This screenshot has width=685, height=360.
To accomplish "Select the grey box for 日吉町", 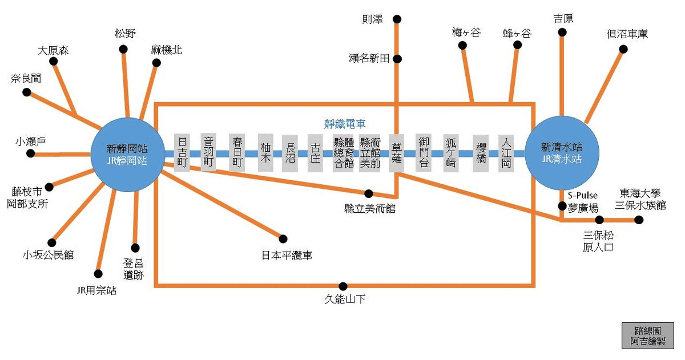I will (182, 152).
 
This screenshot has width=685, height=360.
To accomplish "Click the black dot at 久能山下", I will (342, 286).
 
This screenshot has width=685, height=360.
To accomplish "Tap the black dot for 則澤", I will (397, 19).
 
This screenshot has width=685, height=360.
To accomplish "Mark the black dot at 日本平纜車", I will (283, 238).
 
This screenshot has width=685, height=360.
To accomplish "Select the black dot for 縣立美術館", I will (369, 193).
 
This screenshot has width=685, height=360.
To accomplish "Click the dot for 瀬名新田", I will (397, 58).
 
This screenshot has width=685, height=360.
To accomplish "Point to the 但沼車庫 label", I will (627, 34).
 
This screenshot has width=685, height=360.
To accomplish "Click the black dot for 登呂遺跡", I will (135, 248).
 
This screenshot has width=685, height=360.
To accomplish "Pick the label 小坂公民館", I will (49, 254).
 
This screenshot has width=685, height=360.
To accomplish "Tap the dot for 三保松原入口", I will (599, 220).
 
